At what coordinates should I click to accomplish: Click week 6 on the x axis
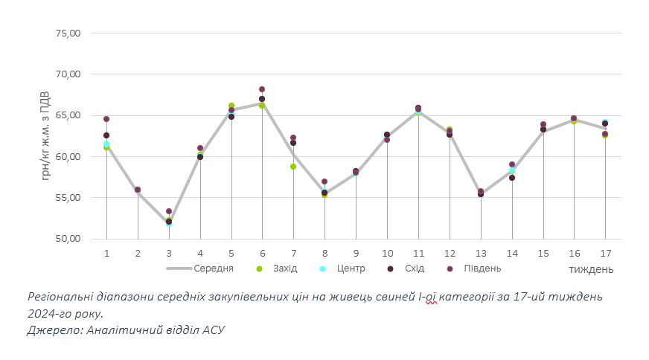click(262, 254)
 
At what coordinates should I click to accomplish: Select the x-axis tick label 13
click(481, 254)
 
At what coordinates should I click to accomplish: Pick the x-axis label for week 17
click(605, 254)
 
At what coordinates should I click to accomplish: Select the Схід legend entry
click(412, 269)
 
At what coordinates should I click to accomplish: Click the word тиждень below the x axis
click(592, 269)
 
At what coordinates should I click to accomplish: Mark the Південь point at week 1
click(106, 119)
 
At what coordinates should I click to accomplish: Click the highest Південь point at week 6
click(262, 89)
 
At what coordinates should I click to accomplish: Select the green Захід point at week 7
click(293, 167)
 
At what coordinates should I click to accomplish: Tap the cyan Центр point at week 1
click(106, 144)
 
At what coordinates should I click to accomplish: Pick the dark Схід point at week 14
click(512, 178)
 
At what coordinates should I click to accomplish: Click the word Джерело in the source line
click(54, 329)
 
